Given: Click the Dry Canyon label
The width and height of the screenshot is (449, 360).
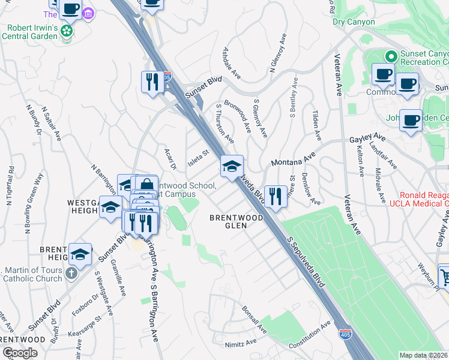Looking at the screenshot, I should pos(354,22).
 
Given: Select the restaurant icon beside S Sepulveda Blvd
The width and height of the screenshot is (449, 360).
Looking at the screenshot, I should pos(275,196).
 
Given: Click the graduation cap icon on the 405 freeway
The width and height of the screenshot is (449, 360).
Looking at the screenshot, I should pos(232,166).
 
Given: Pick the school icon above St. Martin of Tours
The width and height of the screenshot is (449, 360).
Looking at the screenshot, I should pos(80,254).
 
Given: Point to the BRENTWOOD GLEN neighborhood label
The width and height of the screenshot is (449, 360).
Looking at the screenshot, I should pos(236,221).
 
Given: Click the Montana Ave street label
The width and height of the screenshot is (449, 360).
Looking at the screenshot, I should pos(293,160).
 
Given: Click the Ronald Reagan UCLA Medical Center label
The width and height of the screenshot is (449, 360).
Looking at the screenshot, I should pos(424,200).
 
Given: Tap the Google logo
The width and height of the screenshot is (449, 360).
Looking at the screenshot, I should pos(20,352).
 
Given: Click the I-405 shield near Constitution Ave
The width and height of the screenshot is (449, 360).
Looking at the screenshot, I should pos(345,335).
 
